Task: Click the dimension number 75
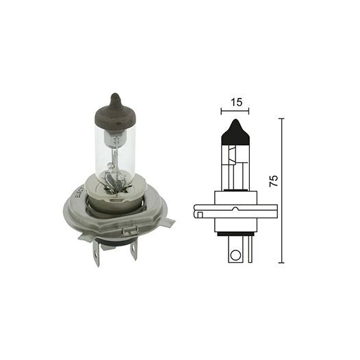[274, 181]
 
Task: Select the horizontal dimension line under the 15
[235, 110]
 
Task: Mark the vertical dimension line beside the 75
[282, 192]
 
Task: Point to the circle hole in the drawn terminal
[235, 257]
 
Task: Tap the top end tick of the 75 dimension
[282, 118]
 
